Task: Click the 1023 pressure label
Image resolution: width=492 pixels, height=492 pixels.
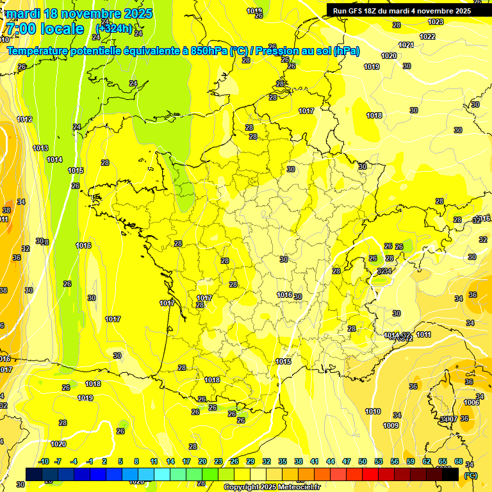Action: point(436,22)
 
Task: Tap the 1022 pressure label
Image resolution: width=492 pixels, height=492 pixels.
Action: point(427,37)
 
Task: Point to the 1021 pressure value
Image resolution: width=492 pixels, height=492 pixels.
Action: point(406,45)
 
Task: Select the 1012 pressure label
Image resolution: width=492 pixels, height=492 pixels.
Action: point(24,119)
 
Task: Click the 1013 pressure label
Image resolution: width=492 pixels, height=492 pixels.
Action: point(40,148)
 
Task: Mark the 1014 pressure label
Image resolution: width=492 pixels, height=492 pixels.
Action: point(54,160)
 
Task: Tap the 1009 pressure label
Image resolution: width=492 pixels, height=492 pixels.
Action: point(391,425)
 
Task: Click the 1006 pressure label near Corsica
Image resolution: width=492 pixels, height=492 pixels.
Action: point(471,402)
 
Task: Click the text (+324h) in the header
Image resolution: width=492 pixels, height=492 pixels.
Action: point(114,28)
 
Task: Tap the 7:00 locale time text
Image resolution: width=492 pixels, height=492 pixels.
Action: point(45,29)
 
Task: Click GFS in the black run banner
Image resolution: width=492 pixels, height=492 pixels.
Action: point(359,11)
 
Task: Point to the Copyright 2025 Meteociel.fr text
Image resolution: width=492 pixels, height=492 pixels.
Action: point(272,487)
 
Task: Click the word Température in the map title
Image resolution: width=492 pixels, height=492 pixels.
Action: point(40,51)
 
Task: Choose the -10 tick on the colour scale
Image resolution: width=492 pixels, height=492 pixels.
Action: point(44,461)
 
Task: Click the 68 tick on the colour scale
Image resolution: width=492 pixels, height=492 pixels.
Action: point(459,461)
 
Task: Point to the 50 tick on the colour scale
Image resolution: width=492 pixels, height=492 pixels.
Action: point(363,461)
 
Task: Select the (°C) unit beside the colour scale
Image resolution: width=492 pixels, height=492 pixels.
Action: point(470,475)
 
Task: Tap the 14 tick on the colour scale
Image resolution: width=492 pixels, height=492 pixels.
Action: point(170,461)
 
